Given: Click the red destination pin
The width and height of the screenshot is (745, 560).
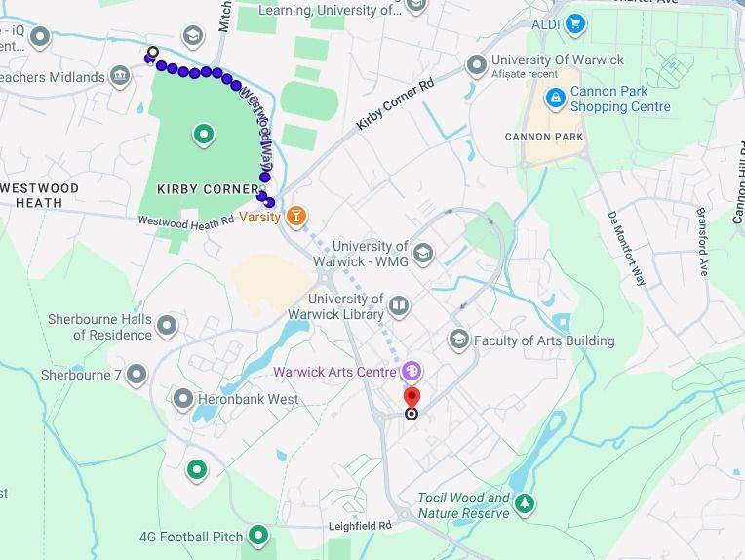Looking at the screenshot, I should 412,397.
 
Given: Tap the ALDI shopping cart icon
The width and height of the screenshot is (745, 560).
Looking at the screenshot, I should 575,22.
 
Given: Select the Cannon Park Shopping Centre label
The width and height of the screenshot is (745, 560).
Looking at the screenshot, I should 620,100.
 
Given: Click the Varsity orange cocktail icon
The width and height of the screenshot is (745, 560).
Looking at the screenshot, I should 296,216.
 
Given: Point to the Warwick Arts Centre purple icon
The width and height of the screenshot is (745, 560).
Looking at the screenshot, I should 412,371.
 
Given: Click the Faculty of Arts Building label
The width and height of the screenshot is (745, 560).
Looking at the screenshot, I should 544,340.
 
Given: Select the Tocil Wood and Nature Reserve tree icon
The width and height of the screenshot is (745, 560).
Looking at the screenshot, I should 526,503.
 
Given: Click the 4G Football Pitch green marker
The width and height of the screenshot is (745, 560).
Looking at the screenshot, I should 258,535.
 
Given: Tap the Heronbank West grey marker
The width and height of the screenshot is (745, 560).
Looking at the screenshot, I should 182,398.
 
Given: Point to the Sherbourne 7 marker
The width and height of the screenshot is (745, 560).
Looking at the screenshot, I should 137,374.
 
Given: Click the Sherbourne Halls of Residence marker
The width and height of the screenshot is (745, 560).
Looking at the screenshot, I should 167,325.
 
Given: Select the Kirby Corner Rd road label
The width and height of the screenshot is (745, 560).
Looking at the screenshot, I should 395,104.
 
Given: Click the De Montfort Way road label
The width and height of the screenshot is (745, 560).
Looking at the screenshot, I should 627,248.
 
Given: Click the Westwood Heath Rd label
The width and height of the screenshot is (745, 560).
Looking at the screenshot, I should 185,221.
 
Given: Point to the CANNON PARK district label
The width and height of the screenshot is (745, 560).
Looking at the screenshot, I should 544,137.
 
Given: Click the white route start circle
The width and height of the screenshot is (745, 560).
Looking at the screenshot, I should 153,52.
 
